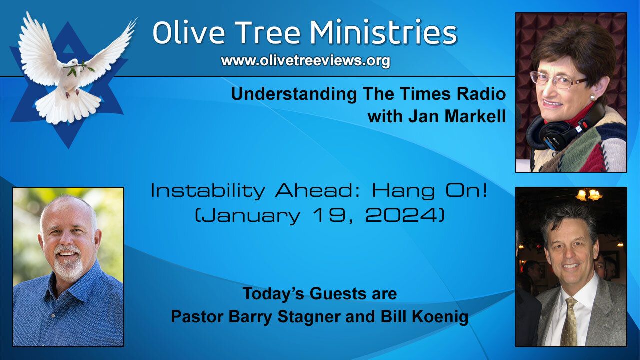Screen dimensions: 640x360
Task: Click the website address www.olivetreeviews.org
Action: [305, 61]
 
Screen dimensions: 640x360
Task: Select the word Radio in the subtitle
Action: [481, 94]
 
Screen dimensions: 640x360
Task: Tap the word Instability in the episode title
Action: [207, 192]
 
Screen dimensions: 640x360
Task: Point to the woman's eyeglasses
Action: [557, 80]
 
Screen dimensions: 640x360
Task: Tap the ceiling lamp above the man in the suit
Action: [588, 195]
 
